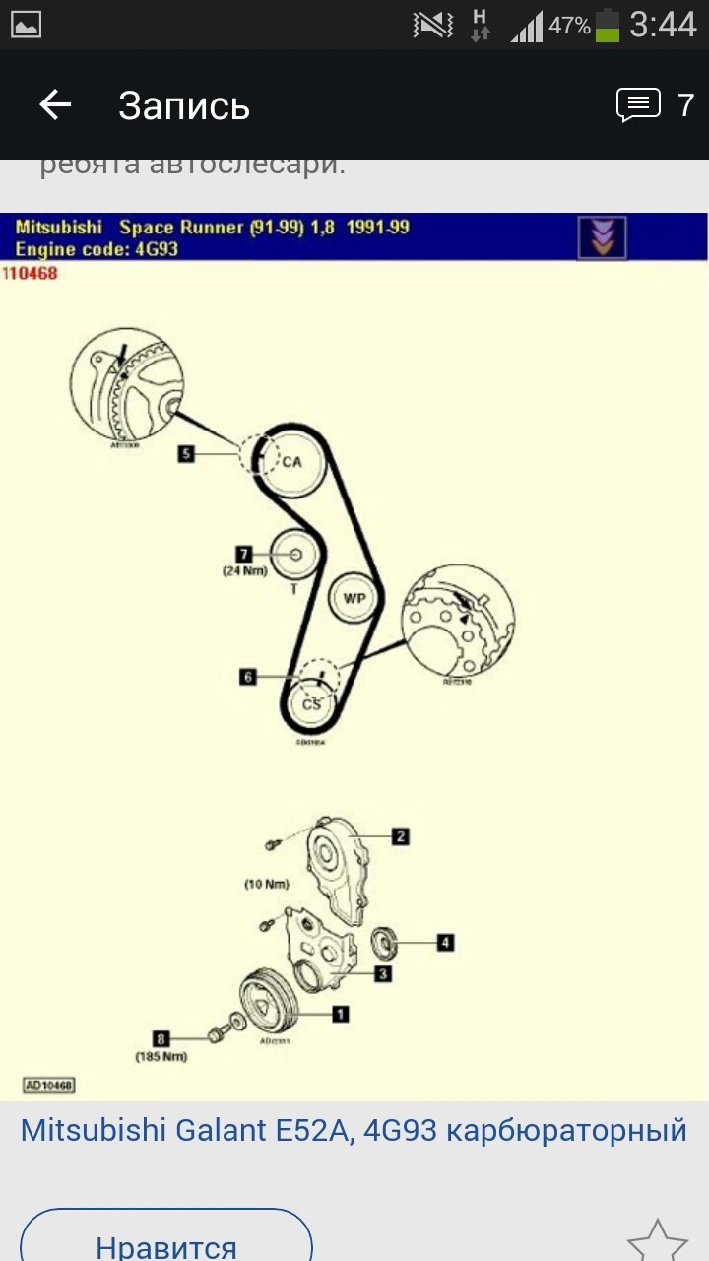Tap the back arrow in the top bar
click(x=55, y=104)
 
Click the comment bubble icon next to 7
click(x=638, y=104)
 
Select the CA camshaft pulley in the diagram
click(x=291, y=461)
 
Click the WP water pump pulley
click(x=353, y=598)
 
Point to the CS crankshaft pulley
click(x=311, y=703)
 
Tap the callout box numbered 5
click(x=186, y=454)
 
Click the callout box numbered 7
click(x=245, y=554)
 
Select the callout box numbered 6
click(x=248, y=677)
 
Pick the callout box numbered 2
click(x=400, y=836)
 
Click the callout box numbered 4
click(x=445, y=943)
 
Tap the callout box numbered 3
click(x=383, y=973)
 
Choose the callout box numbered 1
click(x=340, y=1013)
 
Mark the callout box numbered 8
click(x=161, y=1037)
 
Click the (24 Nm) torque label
click(x=244, y=570)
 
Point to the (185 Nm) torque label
click(x=161, y=1057)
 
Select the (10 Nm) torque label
click(x=266, y=885)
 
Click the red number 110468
click(x=31, y=273)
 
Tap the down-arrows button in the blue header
click(x=601, y=237)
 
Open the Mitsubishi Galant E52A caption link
click(x=353, y=1130)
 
